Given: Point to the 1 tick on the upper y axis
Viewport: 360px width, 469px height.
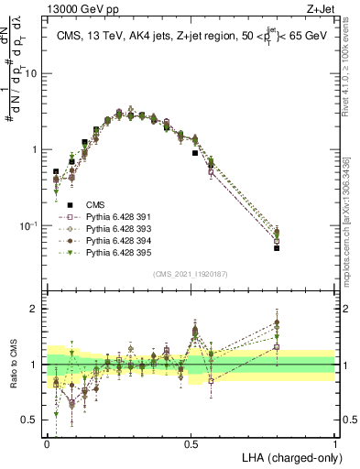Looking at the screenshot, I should [x=36, y=149].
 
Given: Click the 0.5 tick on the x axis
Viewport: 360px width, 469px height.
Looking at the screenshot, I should [x=191, y=442].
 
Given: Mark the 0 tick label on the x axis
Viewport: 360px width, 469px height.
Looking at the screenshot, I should [x=47, y=442].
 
